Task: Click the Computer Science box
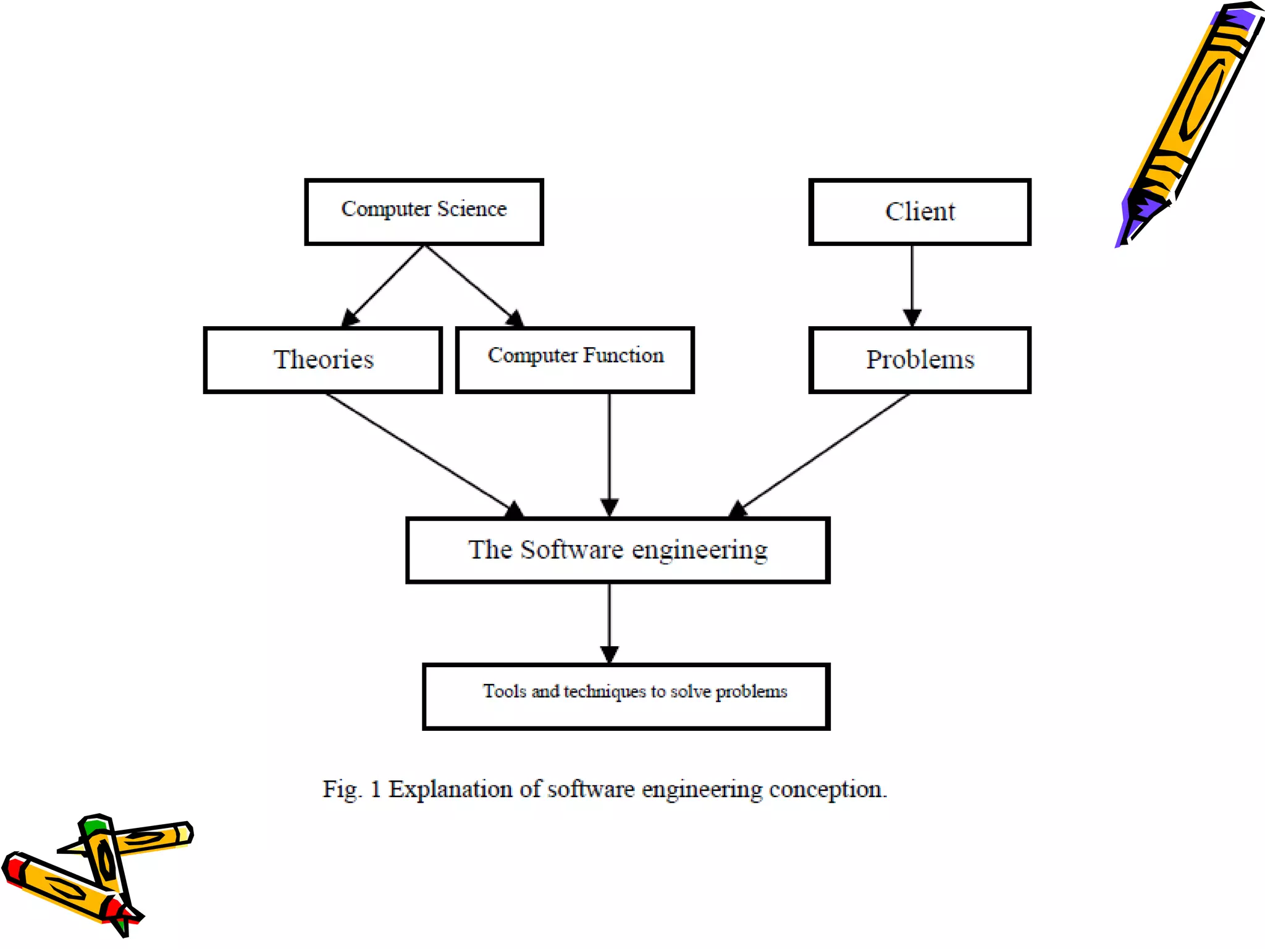[x=424, y=212]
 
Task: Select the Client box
[x=919, y=212]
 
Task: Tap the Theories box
[x=322, y=360]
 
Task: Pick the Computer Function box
[x=574, y=360]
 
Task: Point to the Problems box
[x=919, y=360]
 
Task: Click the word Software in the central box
[x=571, y=549]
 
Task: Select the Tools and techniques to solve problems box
[x=626, y=696]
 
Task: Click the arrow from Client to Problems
[x=912, y=284]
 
